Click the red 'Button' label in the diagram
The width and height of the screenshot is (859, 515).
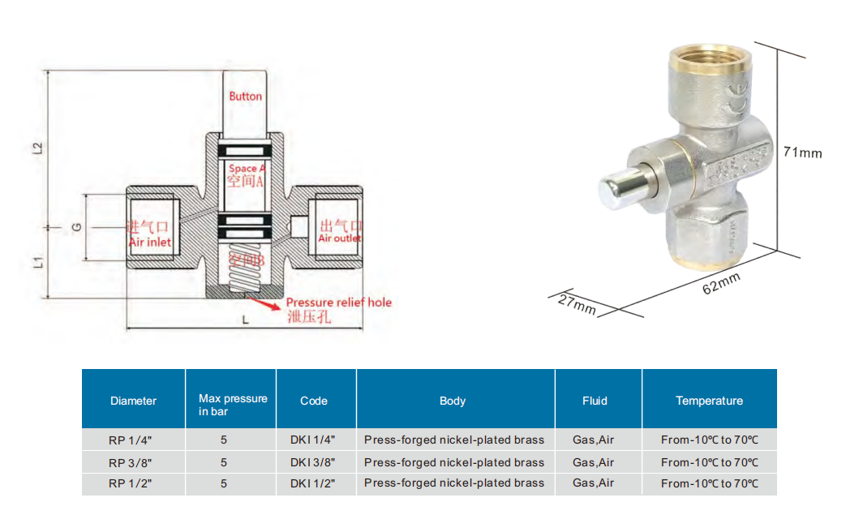pyautogui.click(x=245, y=96)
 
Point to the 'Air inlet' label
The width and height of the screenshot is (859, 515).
pyautogui.click(x=149, y=242)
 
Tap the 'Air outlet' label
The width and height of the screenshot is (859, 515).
pyautogui.click(x=340, y=238)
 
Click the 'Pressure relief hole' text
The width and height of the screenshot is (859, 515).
pyautogui.click(x=338, y=303)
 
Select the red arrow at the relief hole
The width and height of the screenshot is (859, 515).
pyautogui.click(x=264, y=304)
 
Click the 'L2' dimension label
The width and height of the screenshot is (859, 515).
pyautogui.click(x=37, y=148)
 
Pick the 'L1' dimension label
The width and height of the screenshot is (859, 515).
pyautogui.click(x=37, y=262)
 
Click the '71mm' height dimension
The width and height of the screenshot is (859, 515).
pyautogui.click(x=802, y=152)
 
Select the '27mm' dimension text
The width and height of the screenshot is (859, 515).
pyautogui.click(x=577, y=304)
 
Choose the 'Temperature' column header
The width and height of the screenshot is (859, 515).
pyautogui.click(x=709, y=401)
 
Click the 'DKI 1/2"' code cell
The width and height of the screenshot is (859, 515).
pyautogui.click(x=312, y=483)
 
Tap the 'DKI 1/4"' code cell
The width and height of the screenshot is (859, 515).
pyautogui.click(x=312, y=440)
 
